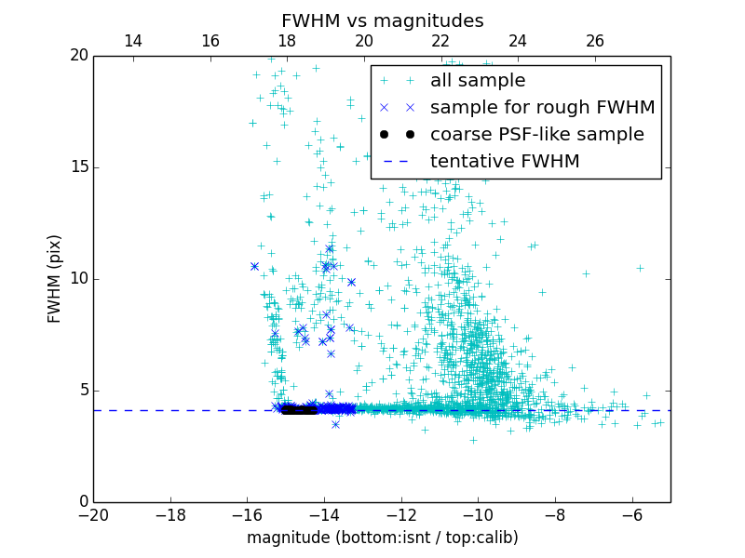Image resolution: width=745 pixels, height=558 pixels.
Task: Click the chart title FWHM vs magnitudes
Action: tap(382, 20)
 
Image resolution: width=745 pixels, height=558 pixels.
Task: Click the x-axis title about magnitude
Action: tap(382, 538)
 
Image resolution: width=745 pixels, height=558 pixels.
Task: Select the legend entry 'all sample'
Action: tap(478, 81)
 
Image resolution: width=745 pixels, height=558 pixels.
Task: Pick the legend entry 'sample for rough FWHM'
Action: tap(542, 108)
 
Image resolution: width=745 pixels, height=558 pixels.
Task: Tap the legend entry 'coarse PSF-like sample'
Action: tap(536, 135)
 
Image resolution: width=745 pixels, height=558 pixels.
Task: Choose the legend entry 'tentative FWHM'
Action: tap(505, 162)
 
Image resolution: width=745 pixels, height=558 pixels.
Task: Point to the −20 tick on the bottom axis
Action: tap(93, 514)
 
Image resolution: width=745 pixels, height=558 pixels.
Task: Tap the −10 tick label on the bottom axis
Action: tap(478, 514)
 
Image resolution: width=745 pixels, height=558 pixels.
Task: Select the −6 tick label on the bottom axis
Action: tap(631, 514)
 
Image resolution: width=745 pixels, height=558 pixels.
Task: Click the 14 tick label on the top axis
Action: tap(133, 41)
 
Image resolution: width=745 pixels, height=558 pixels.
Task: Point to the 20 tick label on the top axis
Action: tap(364, 41)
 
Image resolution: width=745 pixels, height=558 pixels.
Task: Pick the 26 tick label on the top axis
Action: tap(595, 41)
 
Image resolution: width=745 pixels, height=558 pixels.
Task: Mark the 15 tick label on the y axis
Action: tap(77, 167)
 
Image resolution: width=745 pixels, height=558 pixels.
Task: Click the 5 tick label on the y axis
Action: tap(82, 391)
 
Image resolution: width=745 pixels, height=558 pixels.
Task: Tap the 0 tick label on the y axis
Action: tap(82, 502)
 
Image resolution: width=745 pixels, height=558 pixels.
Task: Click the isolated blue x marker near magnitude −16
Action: tap(254, 266)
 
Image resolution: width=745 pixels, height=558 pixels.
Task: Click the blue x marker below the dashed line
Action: tap(335, 424)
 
